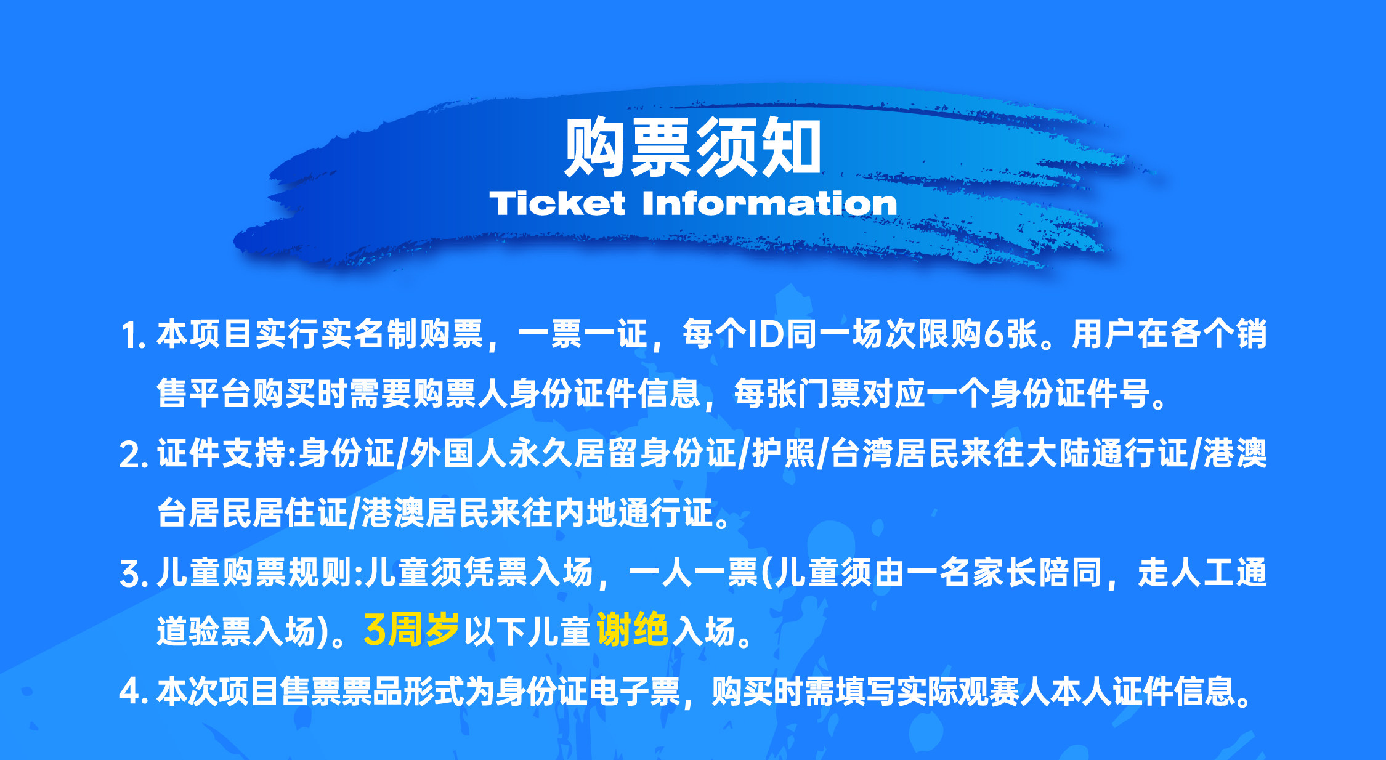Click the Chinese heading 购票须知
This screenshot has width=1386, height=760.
(x=693, y=147)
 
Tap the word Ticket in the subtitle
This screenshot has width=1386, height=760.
(x=557, y=203)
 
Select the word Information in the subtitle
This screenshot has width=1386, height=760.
(x=769, y=203)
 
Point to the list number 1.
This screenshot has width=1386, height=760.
(x=132, y=336)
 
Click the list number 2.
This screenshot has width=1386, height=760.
(x=133, y=455)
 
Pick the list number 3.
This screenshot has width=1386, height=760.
(x=133, y=574)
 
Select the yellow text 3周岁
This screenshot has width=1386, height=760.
(x=411, y=629)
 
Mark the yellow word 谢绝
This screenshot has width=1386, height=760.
(x=633, y=629)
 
